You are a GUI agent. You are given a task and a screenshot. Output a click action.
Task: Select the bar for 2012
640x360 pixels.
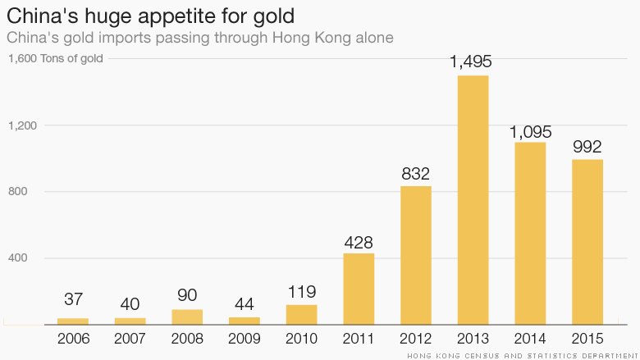click(x=416, y=255)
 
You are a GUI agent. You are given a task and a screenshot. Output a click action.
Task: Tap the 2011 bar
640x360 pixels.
click(x=359, y=289)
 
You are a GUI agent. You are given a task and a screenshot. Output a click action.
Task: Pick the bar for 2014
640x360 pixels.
click(x=530, y=233)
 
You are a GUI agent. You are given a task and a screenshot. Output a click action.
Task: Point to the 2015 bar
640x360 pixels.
click(x=587, y=241)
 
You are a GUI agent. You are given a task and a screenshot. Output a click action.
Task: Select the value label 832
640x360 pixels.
click(x=416, y=174)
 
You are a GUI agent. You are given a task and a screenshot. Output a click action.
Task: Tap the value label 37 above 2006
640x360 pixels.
click(x=73, y=300)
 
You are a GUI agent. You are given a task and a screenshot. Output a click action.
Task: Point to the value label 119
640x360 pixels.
click(x=302, y=292)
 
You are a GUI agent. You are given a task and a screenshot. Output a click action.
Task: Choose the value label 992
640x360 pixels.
click(x=587, y=147)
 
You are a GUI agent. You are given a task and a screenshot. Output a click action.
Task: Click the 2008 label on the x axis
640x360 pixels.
click(x=187, y=338)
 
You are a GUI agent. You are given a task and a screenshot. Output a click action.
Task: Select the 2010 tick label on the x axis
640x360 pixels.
click(x=302, y=338)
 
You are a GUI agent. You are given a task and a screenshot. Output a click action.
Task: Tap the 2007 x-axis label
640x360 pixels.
click(x=130, y=338)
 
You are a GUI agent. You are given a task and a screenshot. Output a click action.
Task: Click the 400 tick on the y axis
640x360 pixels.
click(x=18, y=258)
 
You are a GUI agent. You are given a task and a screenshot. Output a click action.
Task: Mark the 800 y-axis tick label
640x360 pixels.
click(x=18, y=192)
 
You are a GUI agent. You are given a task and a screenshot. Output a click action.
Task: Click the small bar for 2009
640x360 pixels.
click(x=245, y=321)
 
